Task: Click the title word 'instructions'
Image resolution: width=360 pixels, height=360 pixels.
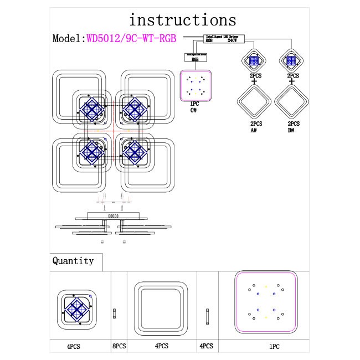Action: [182, 20]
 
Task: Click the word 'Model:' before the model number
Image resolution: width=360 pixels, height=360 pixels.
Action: [69, 39]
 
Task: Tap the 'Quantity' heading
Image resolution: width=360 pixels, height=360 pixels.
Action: [73, 260]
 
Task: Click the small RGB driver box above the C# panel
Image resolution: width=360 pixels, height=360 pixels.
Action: [196, 57]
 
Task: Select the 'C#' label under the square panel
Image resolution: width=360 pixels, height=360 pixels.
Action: [194, 111]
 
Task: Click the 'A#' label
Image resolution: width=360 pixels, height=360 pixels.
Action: [254, 131]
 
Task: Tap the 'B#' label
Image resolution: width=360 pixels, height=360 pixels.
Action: [291, 131]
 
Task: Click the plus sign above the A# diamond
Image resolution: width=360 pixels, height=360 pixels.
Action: [254, 82]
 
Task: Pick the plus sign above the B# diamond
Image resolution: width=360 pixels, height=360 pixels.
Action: [292, 82]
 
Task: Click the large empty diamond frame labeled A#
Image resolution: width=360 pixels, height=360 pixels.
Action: [254, 102]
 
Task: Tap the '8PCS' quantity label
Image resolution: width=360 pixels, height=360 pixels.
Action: [119, 346]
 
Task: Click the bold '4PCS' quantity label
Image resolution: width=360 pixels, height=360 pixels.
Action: [205, 346]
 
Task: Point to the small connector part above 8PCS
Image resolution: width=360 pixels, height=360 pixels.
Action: [115, 313]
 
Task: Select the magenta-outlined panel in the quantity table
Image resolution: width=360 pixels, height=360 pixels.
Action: [266, 304]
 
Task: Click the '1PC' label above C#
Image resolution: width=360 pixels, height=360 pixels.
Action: [194, 104]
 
